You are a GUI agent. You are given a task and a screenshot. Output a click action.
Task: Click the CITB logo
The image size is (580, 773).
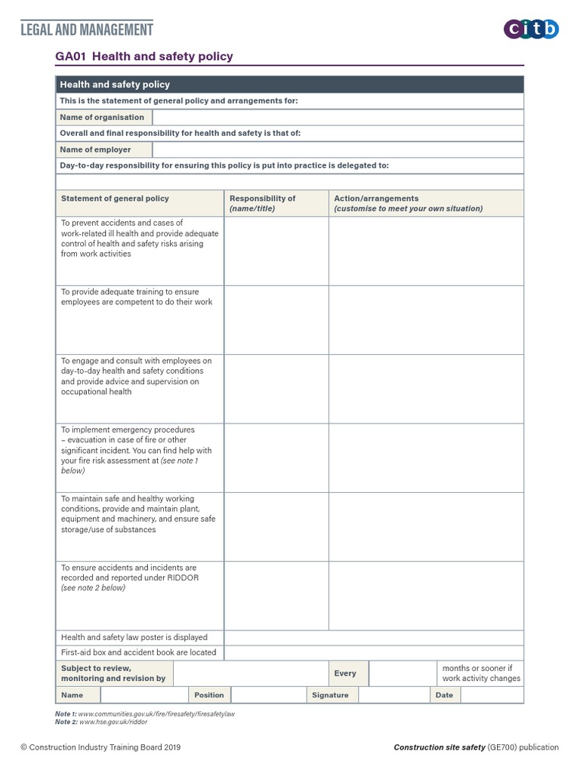click(x=531, y=29)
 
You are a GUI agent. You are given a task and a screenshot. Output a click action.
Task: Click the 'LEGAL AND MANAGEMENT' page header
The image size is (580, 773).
click(x=87, y=29)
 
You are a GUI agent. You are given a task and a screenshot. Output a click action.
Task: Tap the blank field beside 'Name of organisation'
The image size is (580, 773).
click(x=337, y=117)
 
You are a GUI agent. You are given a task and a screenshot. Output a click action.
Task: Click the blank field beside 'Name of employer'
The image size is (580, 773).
click(x=337, y=149)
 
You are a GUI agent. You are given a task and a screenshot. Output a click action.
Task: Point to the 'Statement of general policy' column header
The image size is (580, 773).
click(x=115, y=199)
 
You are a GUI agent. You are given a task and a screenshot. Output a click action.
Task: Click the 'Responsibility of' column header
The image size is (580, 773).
click(x=263, y=199)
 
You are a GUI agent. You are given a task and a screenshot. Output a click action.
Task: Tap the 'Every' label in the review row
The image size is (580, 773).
click(x=345, y=673)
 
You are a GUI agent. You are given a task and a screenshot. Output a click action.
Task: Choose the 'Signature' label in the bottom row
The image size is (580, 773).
click(x=330, y=695)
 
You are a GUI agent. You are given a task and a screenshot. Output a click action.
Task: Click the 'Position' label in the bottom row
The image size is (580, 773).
click(x=209, y=695)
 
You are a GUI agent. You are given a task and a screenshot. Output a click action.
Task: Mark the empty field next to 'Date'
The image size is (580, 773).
click(x=492, y=695)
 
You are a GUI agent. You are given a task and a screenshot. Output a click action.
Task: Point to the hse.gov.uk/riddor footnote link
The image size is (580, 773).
click(x=113, y=722)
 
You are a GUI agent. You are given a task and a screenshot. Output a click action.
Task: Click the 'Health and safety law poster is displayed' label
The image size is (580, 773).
click(x=134, y=637)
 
